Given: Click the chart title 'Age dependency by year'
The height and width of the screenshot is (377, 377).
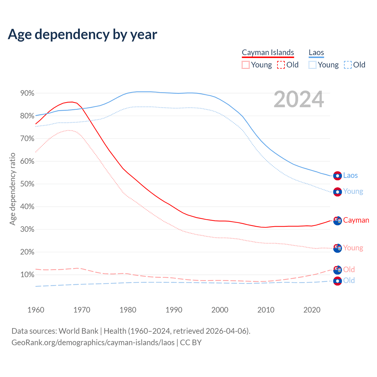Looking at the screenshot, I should [82, 34].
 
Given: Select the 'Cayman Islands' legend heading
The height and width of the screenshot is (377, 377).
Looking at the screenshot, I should [268, 53].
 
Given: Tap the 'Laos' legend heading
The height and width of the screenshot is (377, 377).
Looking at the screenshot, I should [316, 53].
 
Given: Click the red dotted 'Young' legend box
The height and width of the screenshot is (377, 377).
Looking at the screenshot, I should [245, 65].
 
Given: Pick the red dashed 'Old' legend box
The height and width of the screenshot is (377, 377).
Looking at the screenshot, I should [281, 65].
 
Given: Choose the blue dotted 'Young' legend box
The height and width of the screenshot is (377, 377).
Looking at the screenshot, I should [312, 65].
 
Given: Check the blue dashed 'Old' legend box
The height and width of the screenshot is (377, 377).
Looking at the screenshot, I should [348, 65].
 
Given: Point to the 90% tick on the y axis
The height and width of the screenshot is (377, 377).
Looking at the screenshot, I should [27, 93].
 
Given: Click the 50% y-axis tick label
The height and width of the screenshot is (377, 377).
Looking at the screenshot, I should [27, 184].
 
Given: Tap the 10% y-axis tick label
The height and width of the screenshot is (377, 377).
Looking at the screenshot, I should [27, 275].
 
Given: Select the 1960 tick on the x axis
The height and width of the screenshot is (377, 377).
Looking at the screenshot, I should [36, 310].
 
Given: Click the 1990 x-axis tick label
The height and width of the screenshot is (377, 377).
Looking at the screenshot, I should [174, 310].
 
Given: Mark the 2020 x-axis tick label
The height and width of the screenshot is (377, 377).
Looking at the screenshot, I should [312, 310].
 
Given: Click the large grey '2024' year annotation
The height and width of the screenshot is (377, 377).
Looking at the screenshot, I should [299, 99].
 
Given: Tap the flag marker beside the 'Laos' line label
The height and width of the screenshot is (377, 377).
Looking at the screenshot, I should [338, 176].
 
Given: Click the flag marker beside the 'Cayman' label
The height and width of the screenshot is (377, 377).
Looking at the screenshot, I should [338, 221].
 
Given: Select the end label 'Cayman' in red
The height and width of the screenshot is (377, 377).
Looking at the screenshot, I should [356, 220].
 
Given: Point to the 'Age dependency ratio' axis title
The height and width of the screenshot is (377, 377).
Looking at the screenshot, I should [12, 189].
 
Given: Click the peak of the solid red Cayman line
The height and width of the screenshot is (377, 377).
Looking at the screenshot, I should [72, 102].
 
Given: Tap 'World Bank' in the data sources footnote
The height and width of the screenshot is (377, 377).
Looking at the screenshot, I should [78, 331].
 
